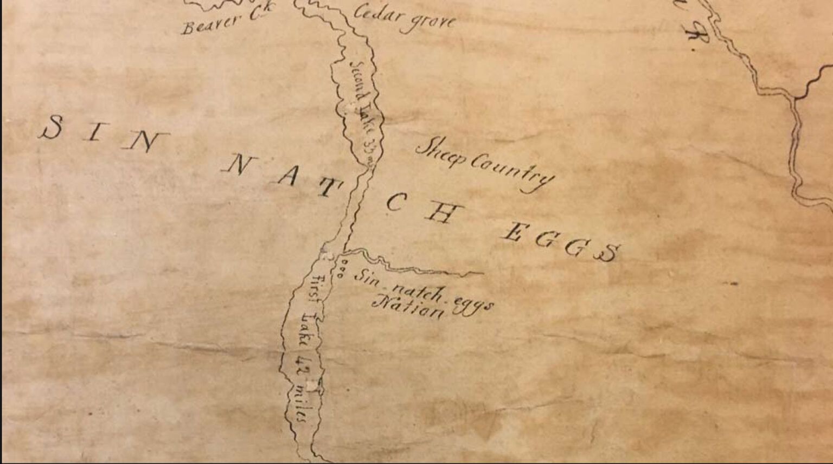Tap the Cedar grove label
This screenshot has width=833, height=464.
tap(404, 19)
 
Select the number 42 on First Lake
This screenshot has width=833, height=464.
tap(304, 364)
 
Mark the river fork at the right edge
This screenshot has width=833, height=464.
tap(796, 98)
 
